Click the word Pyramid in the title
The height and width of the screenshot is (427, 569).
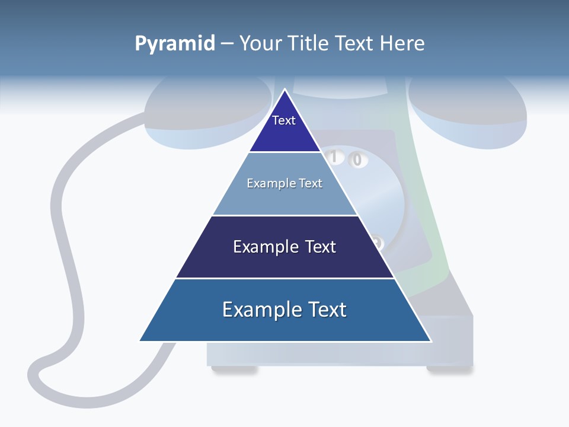coord(175,44)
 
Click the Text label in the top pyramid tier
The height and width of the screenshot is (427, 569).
coord(283,120)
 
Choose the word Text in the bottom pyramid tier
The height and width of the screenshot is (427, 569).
coord(327,310)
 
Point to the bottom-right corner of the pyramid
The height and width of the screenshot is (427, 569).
coord(431,341)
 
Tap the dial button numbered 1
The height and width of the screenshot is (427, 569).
coord(334,157)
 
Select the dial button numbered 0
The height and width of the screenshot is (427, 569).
coord(357,160)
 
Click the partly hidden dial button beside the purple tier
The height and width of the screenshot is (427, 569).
coord(378,243)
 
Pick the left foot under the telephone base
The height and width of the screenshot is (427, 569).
coord(234,370)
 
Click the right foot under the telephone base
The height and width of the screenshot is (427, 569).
coord(449,370)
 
